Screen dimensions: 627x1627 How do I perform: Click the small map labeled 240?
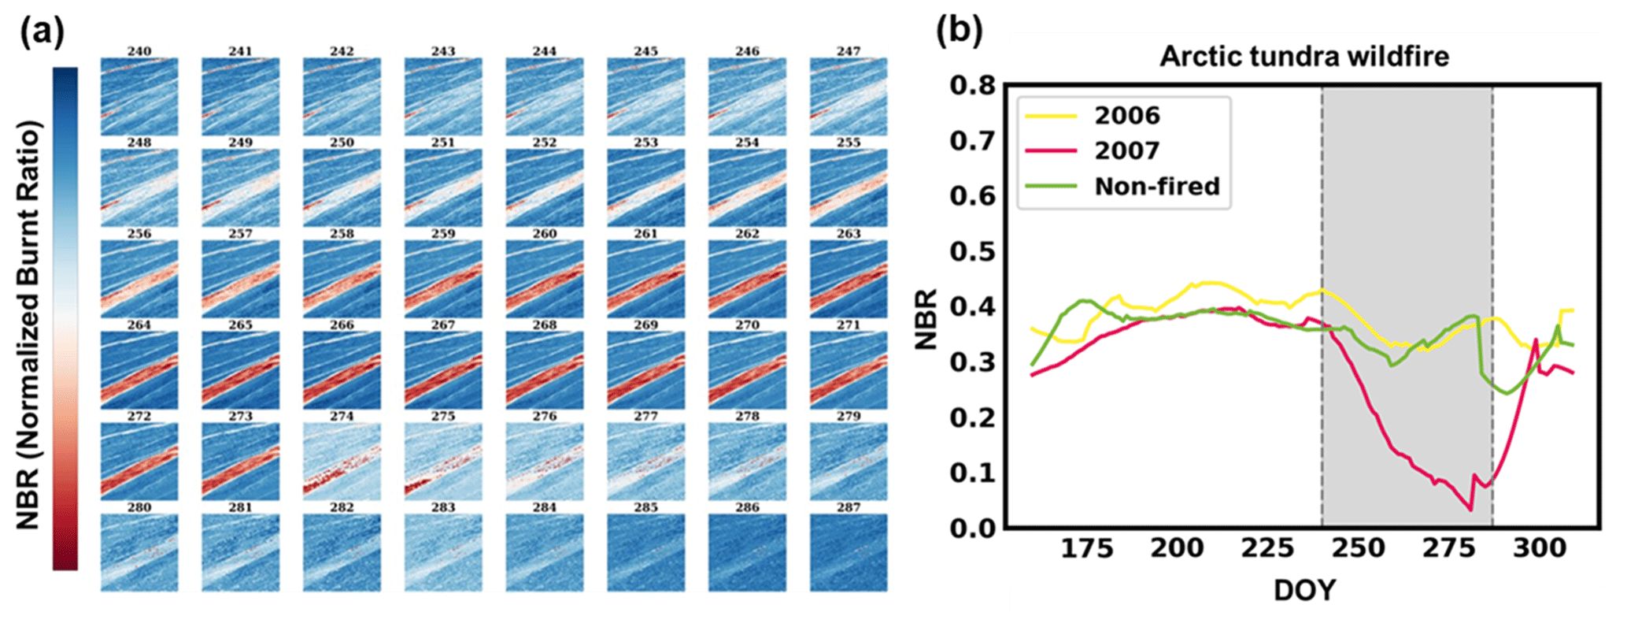pyautogui.click(x=139, y=96)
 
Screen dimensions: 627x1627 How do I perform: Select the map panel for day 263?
pyautogui.click(x=849, y=279)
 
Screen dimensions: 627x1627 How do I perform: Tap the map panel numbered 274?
pyautogui.click(x=342, y=462)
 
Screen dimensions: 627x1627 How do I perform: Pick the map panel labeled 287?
pyautogui.click(x=849, y=553)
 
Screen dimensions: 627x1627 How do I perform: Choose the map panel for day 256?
pyautogui.click(x=139, y=279)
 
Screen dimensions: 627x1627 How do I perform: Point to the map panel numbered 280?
pyautogui.click(x=139, y=553)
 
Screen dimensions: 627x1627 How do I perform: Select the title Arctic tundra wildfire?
pyautogui.click(x=1304, y=57)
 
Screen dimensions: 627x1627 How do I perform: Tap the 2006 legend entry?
pyautogui.click(x=1126, y=116)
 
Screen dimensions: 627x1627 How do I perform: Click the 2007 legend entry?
pyautogui.click(x=1126, y=150)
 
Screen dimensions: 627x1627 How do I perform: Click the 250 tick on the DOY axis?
pyautogui.click(x=1359, y=547)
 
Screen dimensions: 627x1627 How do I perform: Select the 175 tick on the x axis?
pyautogui.click(x=1087, y=547)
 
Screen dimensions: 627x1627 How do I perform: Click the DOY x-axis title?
pyautogui.click(x=1304, y=589)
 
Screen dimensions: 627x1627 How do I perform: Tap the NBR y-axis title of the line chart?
pyautogui.click(x=926, y=319)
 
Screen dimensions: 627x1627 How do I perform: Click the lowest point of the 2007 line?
pyautogui.click(x=1470, y=510)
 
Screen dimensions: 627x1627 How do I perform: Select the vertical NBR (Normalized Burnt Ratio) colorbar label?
pyautogui.click(x=28, y=325)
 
